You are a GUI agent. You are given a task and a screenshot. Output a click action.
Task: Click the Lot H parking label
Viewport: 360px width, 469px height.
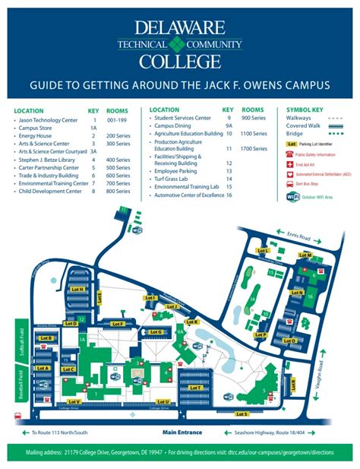pyautogui.click(x=76, y=289)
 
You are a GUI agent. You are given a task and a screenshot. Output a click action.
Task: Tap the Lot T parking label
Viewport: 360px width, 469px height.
pyautogui.click(x=195, y=388)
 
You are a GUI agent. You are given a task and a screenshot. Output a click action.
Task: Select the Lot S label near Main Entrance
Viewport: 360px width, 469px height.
pyautogui.click(x=242, y=414)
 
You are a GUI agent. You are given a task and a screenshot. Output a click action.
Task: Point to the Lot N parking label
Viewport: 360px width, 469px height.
pyautogui.click(x=299, y=293)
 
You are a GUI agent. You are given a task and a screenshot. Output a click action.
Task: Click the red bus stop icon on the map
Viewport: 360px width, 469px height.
pyautogui.click(x=17, y=416)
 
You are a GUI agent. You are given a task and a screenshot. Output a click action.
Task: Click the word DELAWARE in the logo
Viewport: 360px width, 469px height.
pyautogui.click(x=180, y=29)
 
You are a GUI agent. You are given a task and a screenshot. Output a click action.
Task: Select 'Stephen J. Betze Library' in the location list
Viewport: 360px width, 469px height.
pyautogui.click(x=47, y=160)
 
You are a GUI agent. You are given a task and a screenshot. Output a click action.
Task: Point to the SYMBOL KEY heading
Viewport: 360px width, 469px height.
pyautogui.click(x=305, y=110)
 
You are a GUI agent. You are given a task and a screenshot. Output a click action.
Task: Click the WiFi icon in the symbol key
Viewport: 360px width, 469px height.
pyautogui.click(x=292, y=196)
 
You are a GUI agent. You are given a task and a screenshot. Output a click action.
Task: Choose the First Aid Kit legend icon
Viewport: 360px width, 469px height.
pyautogui.click(x=289, y=163)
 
